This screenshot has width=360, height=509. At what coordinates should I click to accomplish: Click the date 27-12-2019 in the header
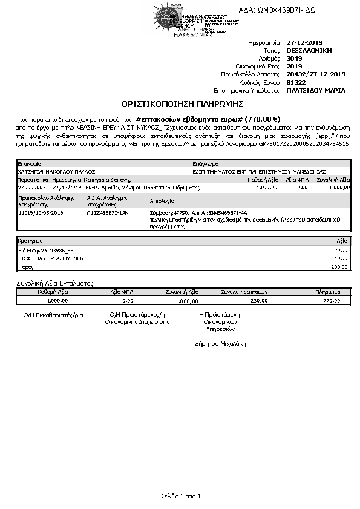coord(306,43)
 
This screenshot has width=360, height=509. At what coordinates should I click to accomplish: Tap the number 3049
coord(294,59)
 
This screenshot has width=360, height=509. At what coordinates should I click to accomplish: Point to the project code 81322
coord(296,82)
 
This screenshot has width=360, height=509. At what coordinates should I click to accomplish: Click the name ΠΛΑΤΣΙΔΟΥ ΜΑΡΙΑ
coord(316,90)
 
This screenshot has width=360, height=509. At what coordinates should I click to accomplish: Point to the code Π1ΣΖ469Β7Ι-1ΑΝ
coord(108,213)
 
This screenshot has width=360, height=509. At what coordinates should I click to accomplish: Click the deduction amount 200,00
coord(341,266)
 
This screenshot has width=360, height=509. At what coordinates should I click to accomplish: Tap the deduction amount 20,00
coord(342,250)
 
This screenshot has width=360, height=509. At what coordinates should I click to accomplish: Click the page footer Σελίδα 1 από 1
coord(180,496)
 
